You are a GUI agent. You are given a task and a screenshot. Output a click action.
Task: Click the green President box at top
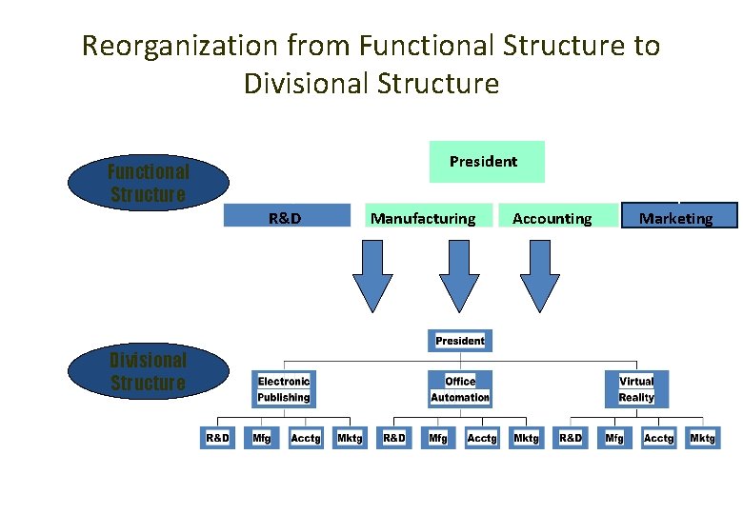[x=486, y=162]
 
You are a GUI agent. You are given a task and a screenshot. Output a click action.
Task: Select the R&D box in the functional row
[x=287, y=216]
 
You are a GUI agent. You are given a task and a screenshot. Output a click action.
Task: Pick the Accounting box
[x=552, y=216]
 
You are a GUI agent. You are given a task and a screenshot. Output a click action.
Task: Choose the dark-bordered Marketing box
[x=679, y=216]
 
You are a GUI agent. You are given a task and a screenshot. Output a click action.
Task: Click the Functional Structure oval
[x=150, y=184]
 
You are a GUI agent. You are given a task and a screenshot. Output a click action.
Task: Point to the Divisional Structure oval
[x=150, y=372]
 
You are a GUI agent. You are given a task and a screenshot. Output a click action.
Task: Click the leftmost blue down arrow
[x=372, y=275]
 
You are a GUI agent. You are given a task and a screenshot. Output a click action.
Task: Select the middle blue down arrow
[x=459, y=275]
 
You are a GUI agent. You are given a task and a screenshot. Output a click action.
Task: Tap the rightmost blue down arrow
[x=540, y=275]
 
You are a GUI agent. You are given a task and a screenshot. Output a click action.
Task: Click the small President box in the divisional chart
[x=459, y=341]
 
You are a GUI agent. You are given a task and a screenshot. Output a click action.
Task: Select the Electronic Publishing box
[x=284, y=389]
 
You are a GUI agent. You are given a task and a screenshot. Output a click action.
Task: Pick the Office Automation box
[x=459, y=389]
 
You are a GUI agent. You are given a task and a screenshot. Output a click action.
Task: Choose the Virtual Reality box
[x=636, y=389]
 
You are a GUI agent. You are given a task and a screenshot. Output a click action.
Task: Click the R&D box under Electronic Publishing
[x=218, y=438]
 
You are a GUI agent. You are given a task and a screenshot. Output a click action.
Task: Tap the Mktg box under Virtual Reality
[x=703, y=438]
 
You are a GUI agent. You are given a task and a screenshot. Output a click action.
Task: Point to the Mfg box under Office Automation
[x=437, y=438]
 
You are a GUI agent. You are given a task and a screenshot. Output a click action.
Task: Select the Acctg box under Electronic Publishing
[x=306, y=438]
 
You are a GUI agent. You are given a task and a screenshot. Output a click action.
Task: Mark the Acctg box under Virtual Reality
[x=658, y=438]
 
